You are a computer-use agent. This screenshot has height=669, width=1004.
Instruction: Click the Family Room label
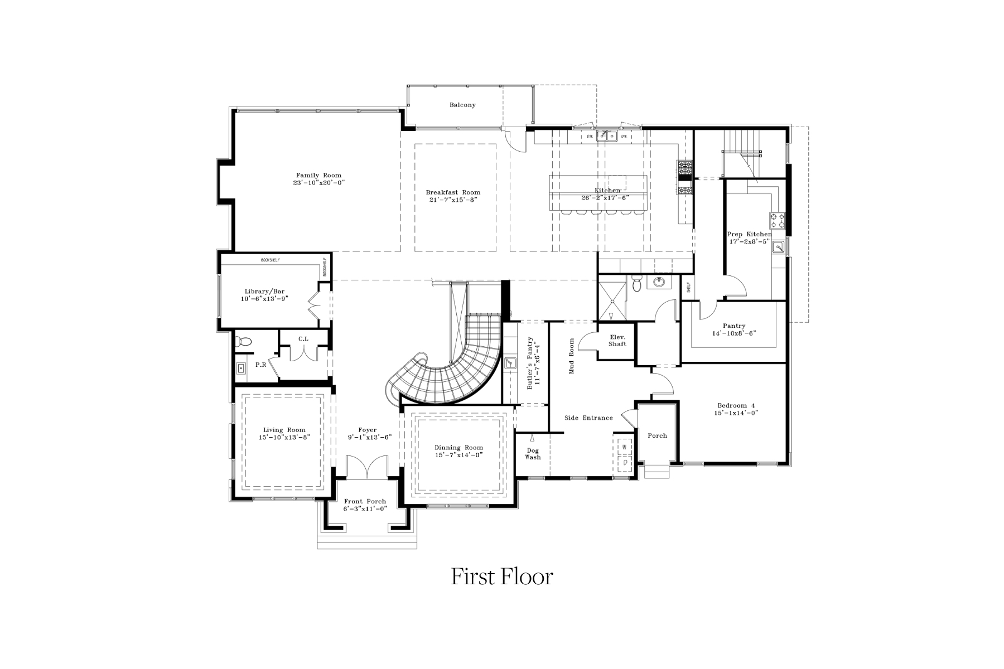(318, 175)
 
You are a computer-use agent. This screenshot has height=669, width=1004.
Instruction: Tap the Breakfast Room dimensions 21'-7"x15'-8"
(453, 200)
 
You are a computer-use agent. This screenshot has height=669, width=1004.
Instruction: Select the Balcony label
(462, 105)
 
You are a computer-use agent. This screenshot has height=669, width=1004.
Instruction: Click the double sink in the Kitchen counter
(607, 135)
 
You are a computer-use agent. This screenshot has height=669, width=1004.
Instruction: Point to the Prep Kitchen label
(749, 234)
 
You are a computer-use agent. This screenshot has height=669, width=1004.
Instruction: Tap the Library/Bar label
(264, 292)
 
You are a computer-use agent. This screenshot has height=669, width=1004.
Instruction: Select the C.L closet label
(303, 338)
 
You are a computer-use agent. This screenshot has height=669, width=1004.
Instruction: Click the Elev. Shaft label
(617, 340)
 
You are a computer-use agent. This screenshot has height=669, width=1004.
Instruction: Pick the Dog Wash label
(533, 454)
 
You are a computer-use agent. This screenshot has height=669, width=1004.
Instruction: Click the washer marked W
(625, 447)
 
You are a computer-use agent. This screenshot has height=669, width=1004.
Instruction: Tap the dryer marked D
(625, 462)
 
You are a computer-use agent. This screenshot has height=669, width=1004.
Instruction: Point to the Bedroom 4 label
(736, 405)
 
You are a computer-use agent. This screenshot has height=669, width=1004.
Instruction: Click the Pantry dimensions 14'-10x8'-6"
(733, 333)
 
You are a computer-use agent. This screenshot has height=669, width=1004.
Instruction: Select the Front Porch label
(365, 501)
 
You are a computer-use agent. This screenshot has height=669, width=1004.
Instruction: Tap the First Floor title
(501, 576)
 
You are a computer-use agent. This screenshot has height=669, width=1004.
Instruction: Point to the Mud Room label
(571, 356)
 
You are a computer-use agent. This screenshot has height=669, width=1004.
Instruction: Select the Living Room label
(284, 430)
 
